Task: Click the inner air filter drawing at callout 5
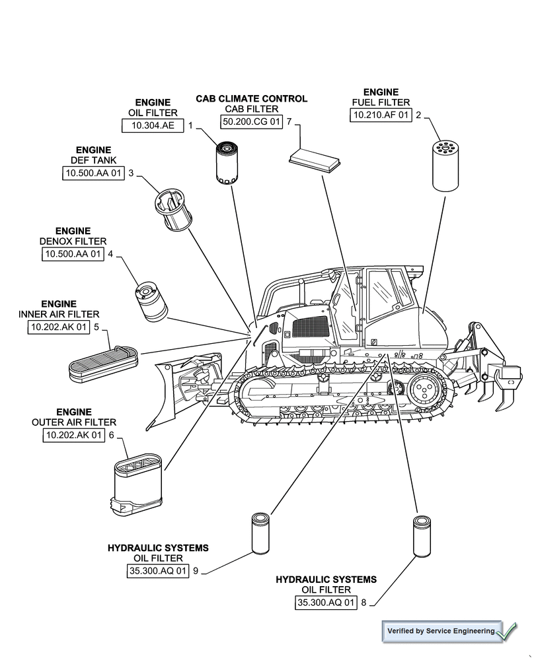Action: click(x=103, y=364)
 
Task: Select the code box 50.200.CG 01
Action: click(x=251, y=121)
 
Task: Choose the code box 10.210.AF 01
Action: click(x=380, y=115)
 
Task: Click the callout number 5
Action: click(x=96, y=327)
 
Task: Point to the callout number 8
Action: click(x=363, y=602)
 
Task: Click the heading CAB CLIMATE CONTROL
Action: click(x=251, y=98)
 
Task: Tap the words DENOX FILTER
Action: click(x=73, y=242)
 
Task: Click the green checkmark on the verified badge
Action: click(x=507, y=631)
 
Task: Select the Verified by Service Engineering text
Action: click(x=440, y=632)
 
